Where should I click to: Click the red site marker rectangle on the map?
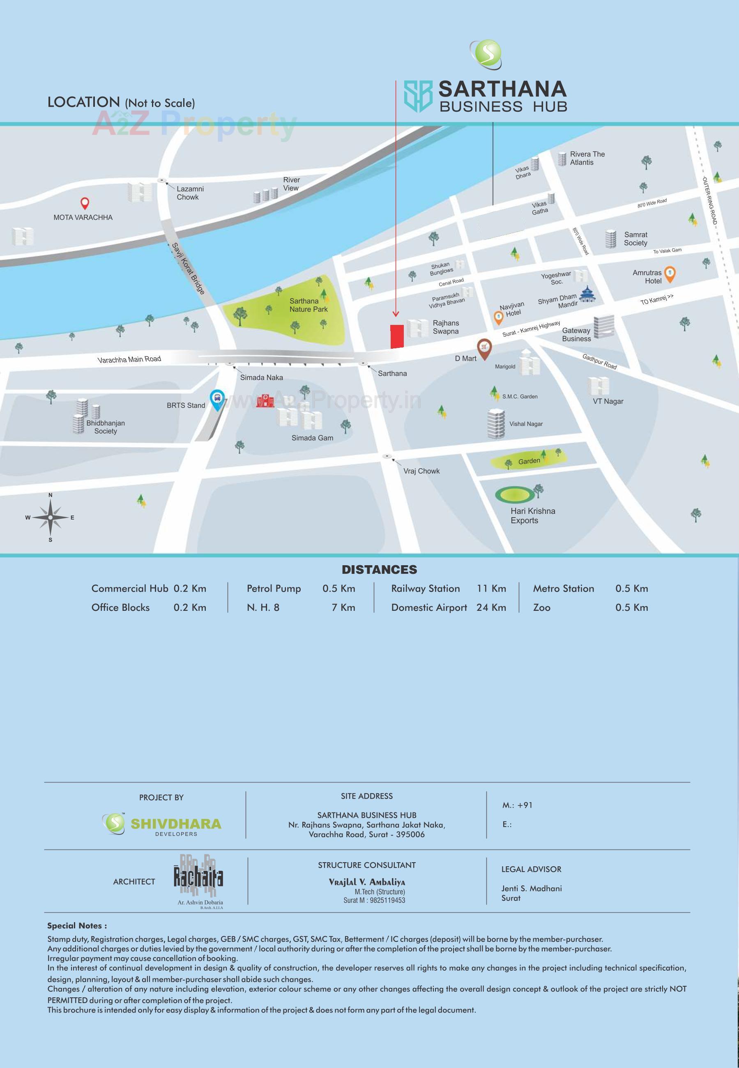point(397,336)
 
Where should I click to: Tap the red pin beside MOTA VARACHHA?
point(85,203)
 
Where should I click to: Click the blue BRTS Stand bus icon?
point(217,398)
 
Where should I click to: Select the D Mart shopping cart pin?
point(484,348)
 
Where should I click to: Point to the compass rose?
point(50,517)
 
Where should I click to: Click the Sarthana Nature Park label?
point(308,305)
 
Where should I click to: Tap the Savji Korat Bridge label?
point(188,269)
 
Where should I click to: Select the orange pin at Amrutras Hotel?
point(670,274)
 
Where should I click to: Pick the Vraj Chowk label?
point(421,471)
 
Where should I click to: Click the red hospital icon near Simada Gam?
point(265,400)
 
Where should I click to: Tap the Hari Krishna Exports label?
point(532,515)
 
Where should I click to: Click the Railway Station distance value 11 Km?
point(491,588)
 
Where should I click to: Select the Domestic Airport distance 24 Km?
point(491,608)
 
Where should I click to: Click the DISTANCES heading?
point(379,569)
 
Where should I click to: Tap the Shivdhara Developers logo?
point(161,824)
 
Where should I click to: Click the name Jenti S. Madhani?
point(532,888)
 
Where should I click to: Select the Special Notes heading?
point(77,925)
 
